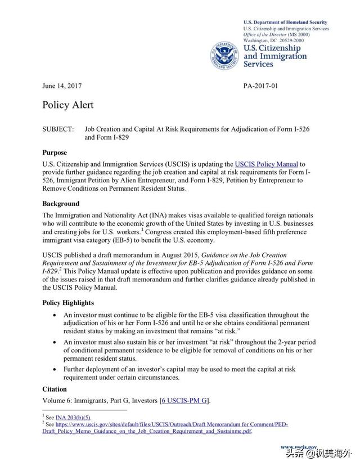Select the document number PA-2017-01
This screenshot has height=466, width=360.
click(x=260, y=86)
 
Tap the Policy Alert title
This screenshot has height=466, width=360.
click(x=67, y=105)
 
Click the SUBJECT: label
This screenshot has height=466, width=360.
click(x=58, y=129)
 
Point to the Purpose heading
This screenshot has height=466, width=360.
click(x=55, y=153)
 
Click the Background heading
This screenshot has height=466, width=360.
click(x=61, y=204)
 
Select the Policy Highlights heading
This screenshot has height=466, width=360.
click(x=68, y=303)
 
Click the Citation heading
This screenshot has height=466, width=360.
click(x=55, y=389)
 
